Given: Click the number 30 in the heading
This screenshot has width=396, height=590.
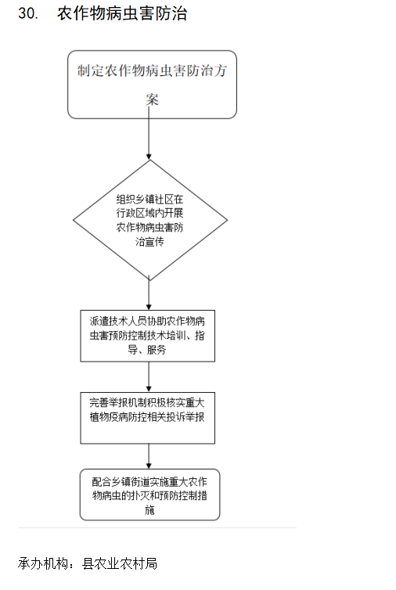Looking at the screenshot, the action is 28,13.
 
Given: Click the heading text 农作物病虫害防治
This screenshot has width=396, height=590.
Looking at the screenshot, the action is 122,13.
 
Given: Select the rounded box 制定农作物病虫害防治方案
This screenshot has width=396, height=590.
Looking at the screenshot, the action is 152,85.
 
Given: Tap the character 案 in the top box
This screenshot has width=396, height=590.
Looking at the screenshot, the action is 152,99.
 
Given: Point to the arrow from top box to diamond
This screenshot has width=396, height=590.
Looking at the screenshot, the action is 149,133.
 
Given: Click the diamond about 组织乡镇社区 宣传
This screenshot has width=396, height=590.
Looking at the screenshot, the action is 150,220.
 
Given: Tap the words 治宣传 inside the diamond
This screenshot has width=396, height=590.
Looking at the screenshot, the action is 149,242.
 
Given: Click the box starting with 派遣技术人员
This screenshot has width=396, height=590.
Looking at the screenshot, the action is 148,336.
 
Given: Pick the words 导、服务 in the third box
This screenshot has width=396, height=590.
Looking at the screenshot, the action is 147,350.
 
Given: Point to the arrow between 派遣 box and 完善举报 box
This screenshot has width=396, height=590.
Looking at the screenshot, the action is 149,377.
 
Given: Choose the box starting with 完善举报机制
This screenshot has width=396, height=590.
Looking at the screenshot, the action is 148,418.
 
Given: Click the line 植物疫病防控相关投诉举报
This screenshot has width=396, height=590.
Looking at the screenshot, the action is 147,417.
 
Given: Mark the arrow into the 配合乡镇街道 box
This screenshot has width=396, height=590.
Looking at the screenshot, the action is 149,456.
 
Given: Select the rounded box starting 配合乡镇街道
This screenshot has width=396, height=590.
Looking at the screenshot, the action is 149,495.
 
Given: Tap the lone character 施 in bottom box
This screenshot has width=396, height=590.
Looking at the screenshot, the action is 149,510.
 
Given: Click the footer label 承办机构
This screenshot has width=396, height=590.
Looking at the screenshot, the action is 43,563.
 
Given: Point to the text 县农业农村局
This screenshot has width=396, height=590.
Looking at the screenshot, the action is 120,563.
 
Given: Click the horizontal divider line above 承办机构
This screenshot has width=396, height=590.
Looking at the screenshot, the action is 157,527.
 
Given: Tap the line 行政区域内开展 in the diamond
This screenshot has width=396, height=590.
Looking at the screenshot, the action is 149,213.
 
